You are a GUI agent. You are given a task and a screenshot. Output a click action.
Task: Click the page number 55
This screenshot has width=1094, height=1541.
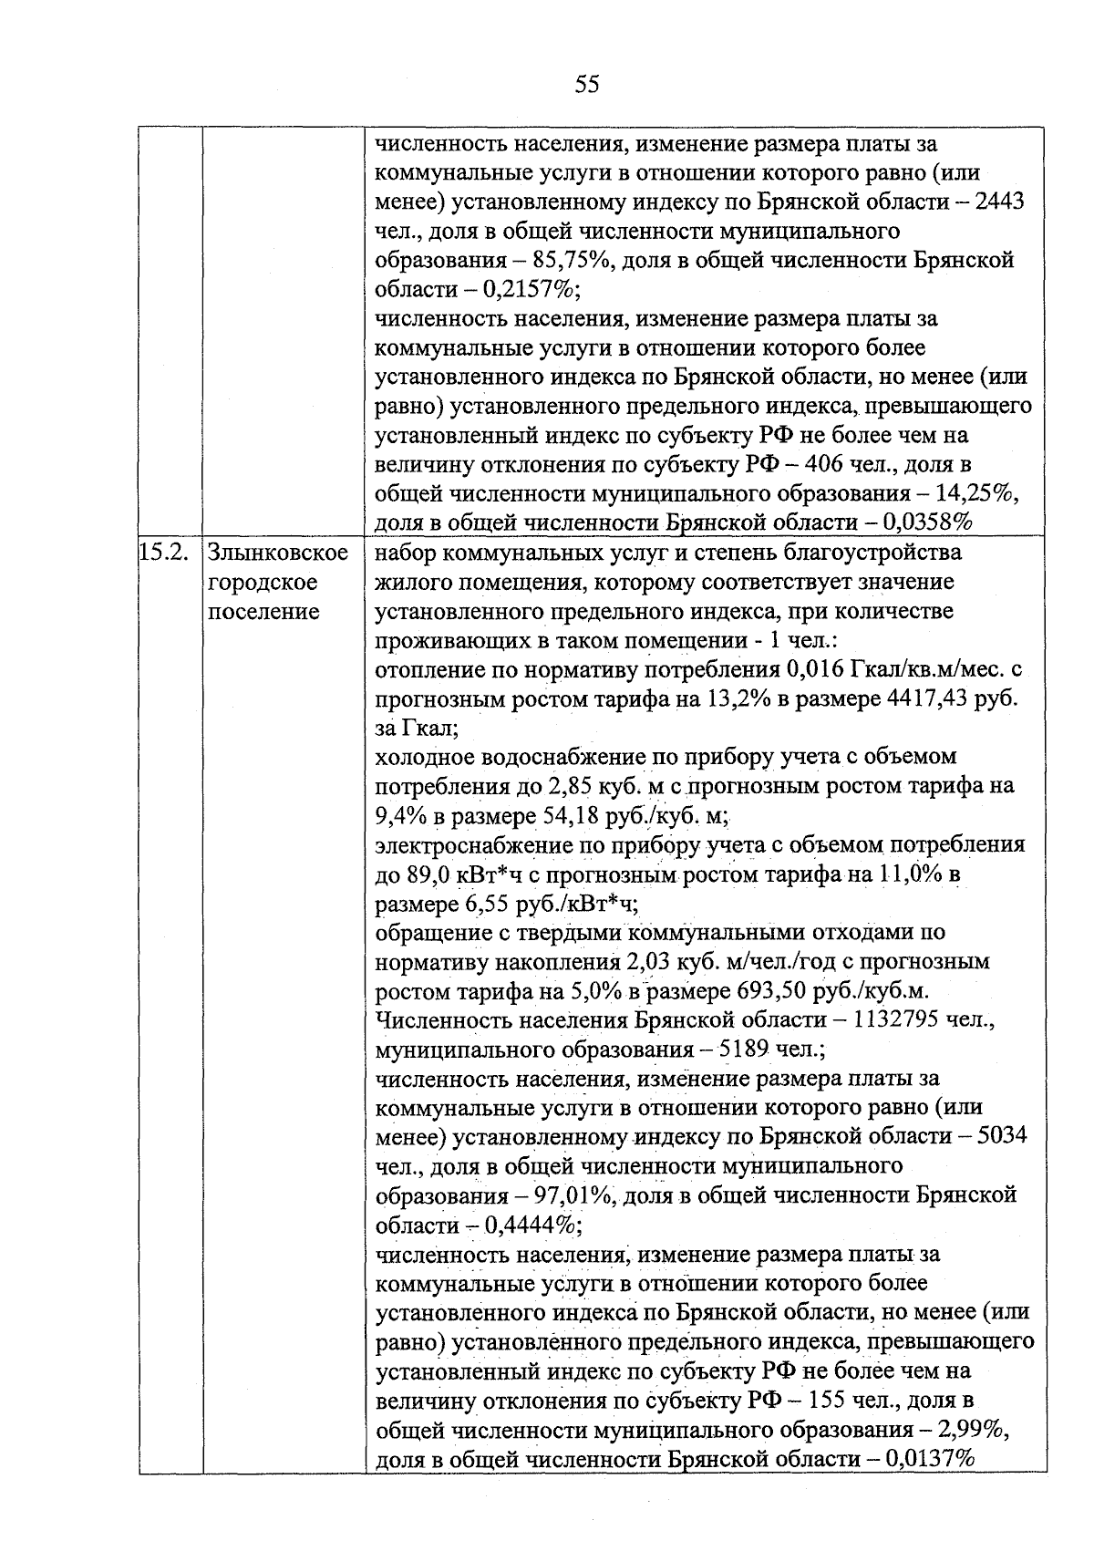pos(587,85)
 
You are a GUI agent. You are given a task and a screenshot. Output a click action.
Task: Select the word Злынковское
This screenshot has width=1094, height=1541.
pos(278,553)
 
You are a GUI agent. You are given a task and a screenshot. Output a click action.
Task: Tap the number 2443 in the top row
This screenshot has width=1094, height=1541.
pos(999,202)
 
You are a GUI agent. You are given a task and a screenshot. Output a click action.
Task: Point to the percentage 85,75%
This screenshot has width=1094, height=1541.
pos(563,260)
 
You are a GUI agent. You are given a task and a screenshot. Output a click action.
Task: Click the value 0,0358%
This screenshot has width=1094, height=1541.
pos(927,522)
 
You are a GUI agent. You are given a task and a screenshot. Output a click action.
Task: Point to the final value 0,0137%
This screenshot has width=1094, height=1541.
pos(927,1459)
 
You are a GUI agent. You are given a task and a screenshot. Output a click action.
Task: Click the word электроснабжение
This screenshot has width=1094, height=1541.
pos(474,844)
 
